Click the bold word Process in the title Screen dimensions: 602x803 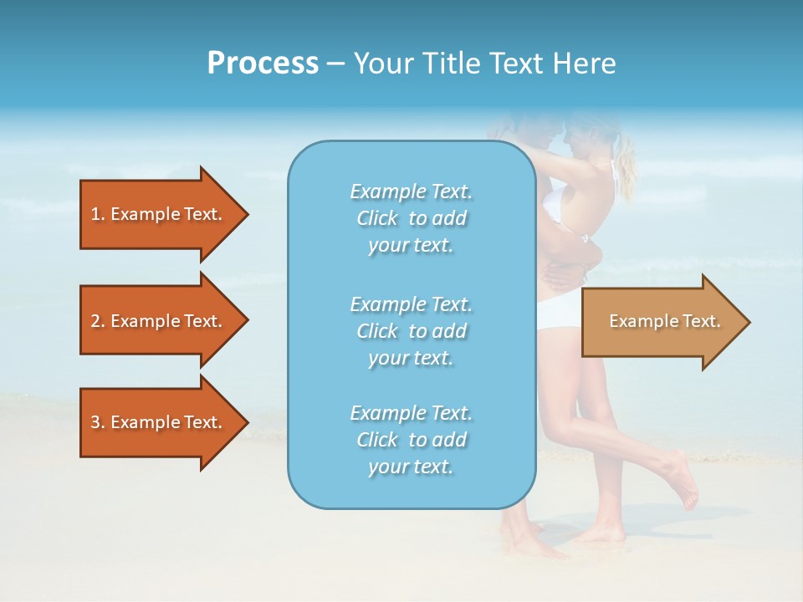263,64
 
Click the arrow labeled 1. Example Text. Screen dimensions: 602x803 159,214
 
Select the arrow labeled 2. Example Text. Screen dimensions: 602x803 159,321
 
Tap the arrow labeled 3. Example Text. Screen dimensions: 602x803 159,422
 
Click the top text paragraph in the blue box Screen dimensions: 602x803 411,218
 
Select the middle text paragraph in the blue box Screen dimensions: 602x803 411,331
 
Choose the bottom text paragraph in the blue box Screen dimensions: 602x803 411,440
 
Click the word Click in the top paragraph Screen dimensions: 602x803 377,218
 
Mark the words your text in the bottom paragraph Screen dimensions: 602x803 411,467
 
